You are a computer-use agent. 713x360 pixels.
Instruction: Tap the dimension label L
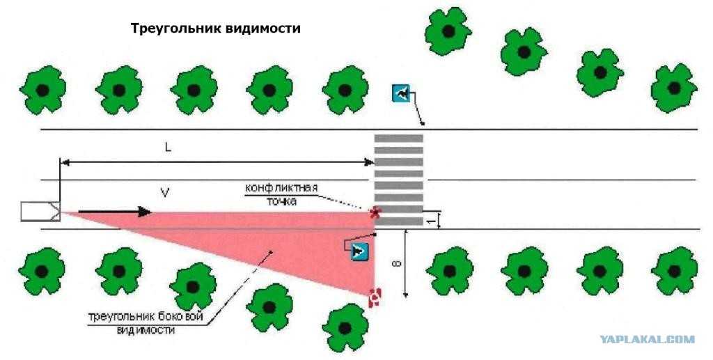(169, 148)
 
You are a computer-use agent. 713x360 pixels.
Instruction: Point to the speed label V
(165, 193)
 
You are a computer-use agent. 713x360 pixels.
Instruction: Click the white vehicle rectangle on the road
(40, 212)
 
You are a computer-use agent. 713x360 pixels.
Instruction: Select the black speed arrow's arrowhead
(144, 212)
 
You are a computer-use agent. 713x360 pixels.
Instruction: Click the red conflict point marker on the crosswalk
(375, 212)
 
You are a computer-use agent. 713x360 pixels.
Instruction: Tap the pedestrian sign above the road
(401, 93)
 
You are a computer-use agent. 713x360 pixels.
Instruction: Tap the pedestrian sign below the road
(359, 251)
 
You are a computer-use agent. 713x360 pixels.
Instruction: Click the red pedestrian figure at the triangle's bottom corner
(375, 297)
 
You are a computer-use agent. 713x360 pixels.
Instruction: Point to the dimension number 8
(398, 264)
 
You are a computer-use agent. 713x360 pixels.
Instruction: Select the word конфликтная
(281, 188)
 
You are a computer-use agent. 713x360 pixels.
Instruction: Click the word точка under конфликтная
(281, 201)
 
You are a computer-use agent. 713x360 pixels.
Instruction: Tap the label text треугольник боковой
(146, 317)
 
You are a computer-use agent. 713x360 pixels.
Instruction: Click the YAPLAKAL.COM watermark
(647, 339)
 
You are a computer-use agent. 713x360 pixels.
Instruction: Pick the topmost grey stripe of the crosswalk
(399, 138)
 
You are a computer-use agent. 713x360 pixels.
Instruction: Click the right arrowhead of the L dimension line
(369, 162)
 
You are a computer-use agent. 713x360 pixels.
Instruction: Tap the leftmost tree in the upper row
(42, 90)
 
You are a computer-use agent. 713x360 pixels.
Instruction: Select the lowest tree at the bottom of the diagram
(345, 327)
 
